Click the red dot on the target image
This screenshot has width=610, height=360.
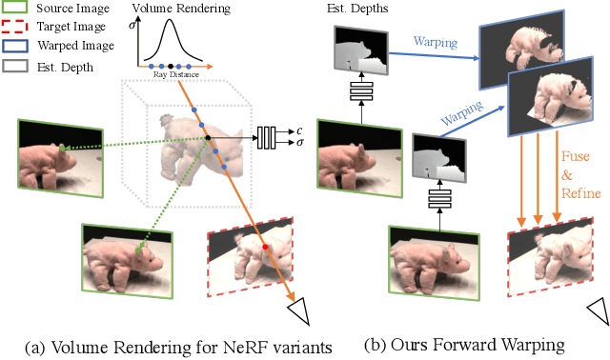(265, 246)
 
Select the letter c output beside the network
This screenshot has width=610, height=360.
(298, 130)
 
